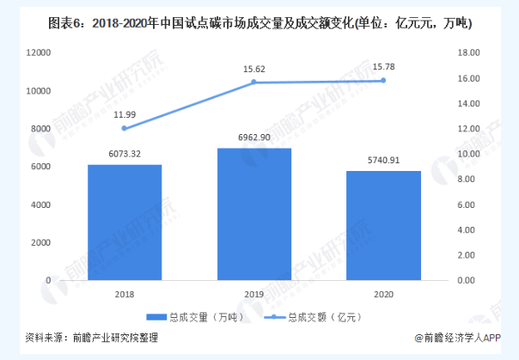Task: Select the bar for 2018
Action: coord(125,223)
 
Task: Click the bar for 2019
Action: coord(254,214)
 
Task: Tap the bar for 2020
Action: coord(383,226)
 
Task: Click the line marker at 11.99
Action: coord(125,128)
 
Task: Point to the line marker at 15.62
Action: coord(254,82)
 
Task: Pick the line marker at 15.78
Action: coord(383,81)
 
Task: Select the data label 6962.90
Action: coord(254,137)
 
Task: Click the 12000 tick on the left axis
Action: coord(38,53)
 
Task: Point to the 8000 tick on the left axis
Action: coord(40,129)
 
